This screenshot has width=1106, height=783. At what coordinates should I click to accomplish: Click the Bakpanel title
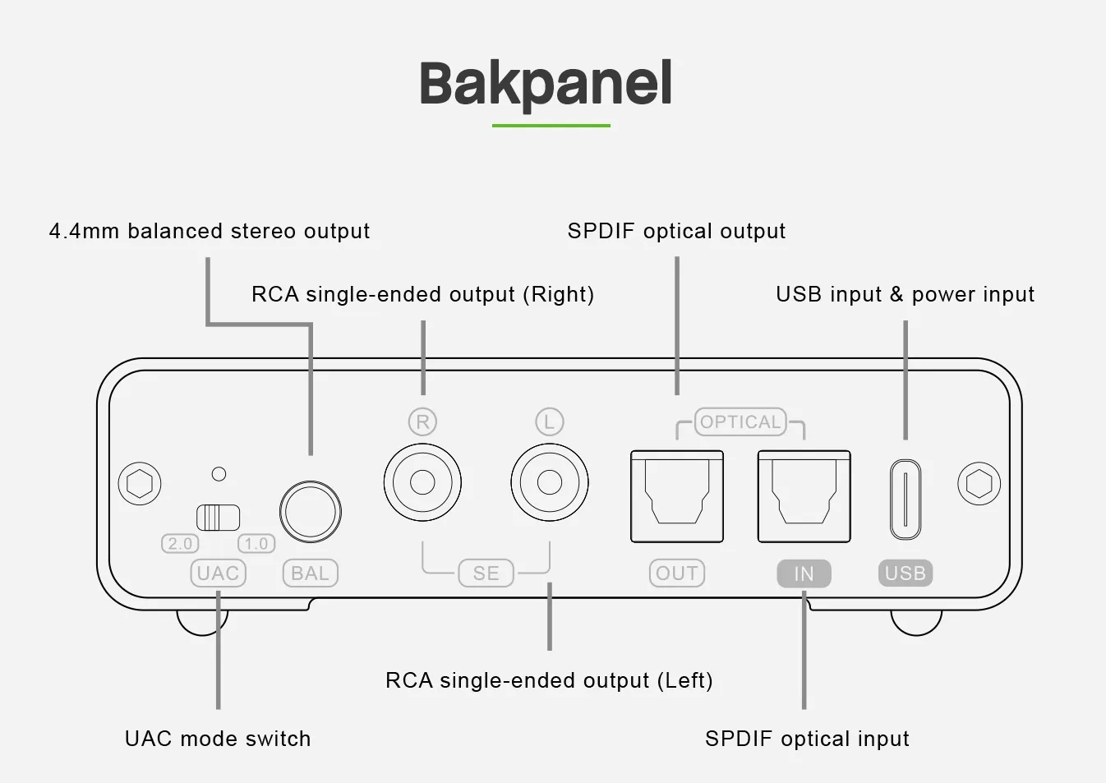coord(546,84)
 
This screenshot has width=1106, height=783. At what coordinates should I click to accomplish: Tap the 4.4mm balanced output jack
coord(311,512)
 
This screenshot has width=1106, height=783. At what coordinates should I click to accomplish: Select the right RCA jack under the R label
coord(422,482)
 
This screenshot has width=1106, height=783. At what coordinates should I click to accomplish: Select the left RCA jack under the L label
coord(550,482)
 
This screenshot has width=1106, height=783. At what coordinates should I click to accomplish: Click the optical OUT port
coord(677,496)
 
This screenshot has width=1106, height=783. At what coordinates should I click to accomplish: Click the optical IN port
coord(804,496)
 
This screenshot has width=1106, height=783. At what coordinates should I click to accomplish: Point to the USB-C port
coord(906,500)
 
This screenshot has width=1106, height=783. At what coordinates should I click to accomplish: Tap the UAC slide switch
coord(219,518)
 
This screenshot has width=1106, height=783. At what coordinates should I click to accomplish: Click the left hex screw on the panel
coord(140,483)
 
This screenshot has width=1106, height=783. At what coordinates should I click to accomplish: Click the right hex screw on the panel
coord(979,483)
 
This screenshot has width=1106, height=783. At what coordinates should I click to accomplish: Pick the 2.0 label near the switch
coord(180,544)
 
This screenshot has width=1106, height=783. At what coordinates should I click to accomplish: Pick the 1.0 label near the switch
coord(256,544)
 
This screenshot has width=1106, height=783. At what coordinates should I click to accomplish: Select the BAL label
coord(311,573)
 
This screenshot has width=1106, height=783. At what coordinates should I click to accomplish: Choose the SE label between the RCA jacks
coord(486,573)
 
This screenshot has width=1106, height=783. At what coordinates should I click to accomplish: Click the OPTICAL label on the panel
coord(740,422)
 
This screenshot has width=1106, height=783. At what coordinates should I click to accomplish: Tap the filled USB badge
coord(906,573)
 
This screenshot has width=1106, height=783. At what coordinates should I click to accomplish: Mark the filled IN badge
coord(804,573)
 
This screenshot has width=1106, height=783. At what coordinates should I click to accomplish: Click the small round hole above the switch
coord(219,474)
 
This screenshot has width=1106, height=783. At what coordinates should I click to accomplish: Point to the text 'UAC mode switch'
coord(218,739)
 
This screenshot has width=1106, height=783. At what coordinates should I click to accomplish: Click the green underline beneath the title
coord(551,126)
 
